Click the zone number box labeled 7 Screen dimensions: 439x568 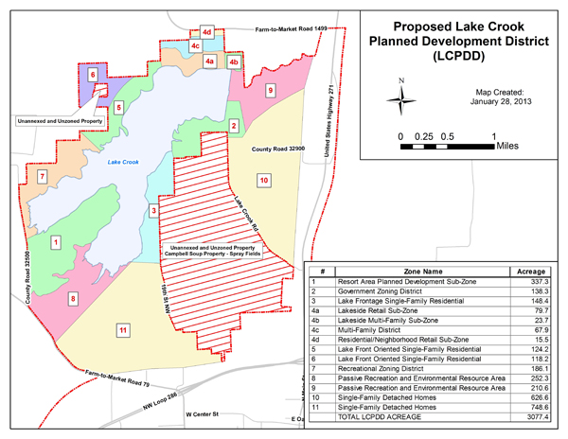click(42, 177)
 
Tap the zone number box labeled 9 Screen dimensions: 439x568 click(270, 91)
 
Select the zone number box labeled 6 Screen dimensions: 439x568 click(92, 73)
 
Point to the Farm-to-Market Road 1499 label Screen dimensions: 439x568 click(296, 31)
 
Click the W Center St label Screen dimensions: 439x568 click(207, 415)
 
